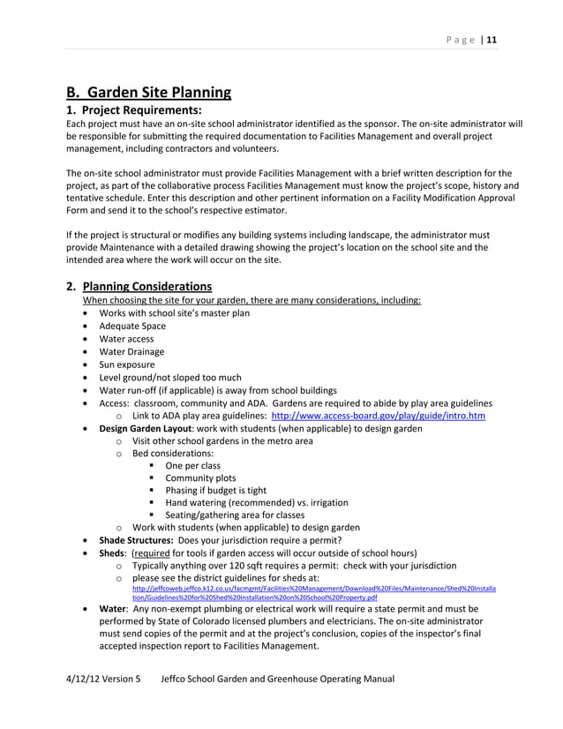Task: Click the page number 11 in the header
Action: click(x=492, y=40)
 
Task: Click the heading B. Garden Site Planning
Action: click(x=149, y=92)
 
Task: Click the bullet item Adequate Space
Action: click(x=131, y=326)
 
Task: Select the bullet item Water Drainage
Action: click(x=131, y=351)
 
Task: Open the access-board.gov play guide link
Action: click(x=378, y=416)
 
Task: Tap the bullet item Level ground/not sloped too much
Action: click(x=169, y=377)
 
